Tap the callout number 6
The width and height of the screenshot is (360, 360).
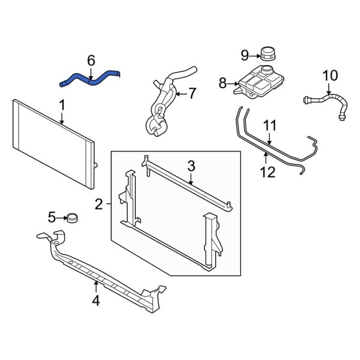(91, 60)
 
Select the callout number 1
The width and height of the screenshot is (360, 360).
(61, 106)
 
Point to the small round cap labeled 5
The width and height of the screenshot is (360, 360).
(74, 217)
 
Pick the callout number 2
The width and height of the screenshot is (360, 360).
(99, 206)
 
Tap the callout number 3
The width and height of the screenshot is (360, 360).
(191, 164)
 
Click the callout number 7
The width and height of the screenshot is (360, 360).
(192, 94)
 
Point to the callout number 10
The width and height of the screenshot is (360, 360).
(330, 76)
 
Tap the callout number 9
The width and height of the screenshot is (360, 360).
(245, 55)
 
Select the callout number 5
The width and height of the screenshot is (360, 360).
(52, 217)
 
